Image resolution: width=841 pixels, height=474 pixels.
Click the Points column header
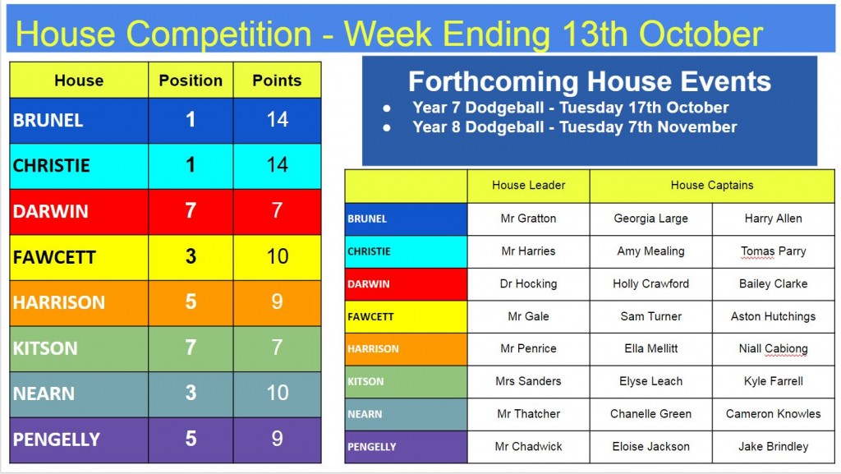(277, 81)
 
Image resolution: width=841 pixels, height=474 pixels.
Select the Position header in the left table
(191, 81)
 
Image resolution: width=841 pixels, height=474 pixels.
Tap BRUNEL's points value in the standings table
(278, 120)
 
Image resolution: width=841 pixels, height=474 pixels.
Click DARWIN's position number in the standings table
(191, 211)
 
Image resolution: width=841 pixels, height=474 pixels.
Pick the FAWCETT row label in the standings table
(54, 257)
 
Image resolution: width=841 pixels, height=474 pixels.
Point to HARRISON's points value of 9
(278, 301)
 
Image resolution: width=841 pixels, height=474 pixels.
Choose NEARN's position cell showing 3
(191, 393)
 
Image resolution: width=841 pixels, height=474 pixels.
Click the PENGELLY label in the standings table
(57, 439)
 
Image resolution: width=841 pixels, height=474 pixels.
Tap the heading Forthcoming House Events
(590, 81)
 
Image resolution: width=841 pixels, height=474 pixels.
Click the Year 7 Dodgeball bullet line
(570, 108)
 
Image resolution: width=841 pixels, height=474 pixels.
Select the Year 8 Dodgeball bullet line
(574, 127)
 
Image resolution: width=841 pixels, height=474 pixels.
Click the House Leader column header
(528, 186)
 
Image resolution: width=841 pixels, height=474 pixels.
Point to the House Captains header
(712, 186)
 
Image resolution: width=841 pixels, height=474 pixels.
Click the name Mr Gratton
(528, 219)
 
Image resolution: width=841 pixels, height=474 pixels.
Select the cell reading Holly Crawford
(650, 283)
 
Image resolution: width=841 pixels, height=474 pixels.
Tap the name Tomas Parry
(773, 251)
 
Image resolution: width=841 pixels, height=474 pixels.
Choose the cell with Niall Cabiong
(773, 349)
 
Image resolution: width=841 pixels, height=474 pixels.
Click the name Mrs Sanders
(528, 381)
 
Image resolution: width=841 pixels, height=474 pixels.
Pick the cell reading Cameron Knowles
(773, 414)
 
